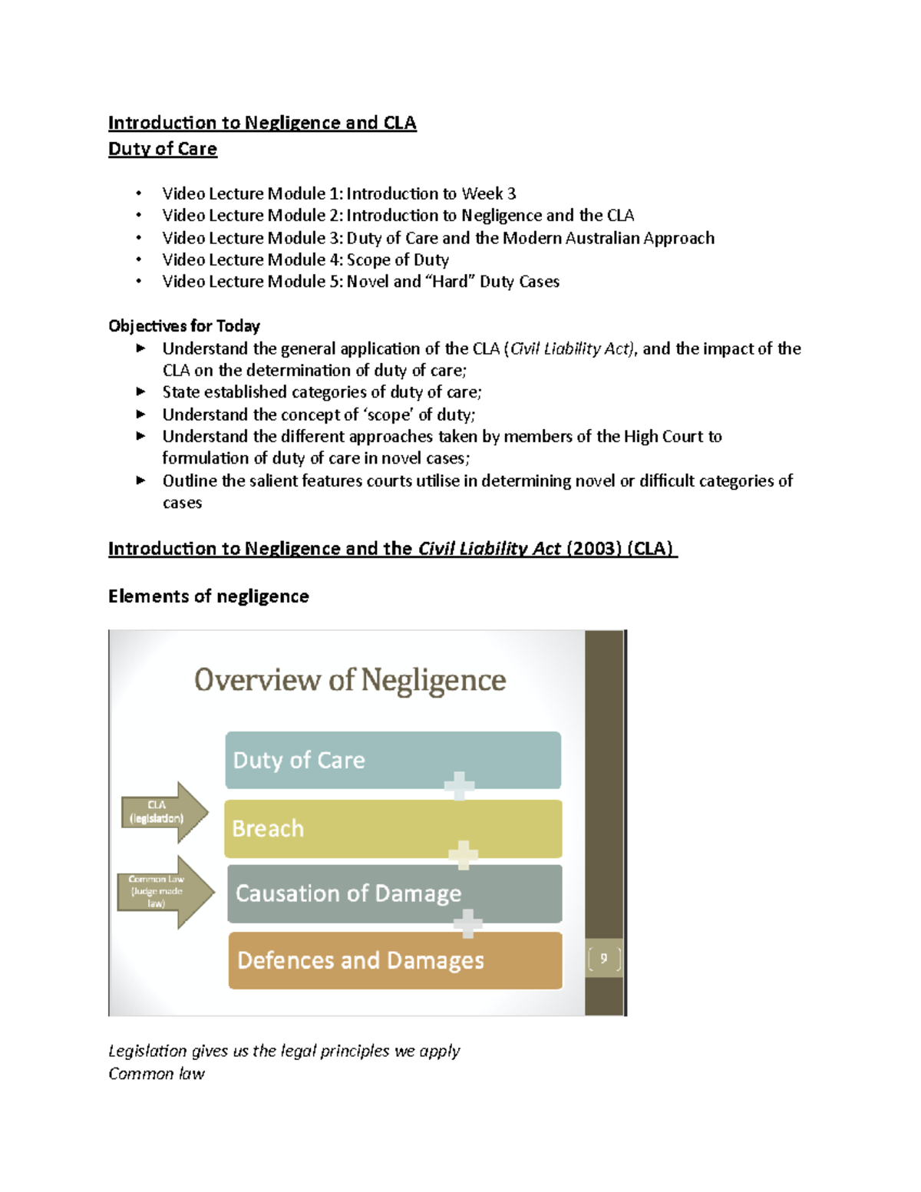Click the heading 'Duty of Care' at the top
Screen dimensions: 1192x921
pyautogui.click(x=163, y=149)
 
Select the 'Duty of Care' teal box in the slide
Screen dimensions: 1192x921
pyautogui.click(x=392, y=760)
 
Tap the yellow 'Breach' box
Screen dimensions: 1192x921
pyautogui.click(x=392, y=829)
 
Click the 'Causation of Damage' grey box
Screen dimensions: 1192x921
pyautogui.click(x=394, y=893)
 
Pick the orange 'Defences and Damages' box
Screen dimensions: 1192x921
pyautogui.click(x=394, y=960)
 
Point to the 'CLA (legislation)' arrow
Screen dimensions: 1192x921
pyautogui.click(x=163, y=812)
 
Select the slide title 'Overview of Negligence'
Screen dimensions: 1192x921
pyautogui.click(x=350, y=681)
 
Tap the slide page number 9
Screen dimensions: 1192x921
pyautogui.click(x=604, y=958)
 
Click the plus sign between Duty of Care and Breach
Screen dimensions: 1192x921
pyautogui.click(x=459, y=786)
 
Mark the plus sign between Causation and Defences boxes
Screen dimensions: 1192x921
pyautogui.click(x=467, y=923)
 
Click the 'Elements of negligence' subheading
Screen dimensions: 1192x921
pyautogui.click(x=208, y=596)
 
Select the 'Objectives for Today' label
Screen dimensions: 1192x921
pyautogui.click(x=184, y=326)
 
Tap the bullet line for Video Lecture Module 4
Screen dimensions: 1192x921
pyautogui.click(x=305, y=260)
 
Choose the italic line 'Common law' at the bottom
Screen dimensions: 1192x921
pyautogui.click(x=157, y=1074)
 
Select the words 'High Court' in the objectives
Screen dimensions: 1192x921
pyautogui.click(x=663, y=437)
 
